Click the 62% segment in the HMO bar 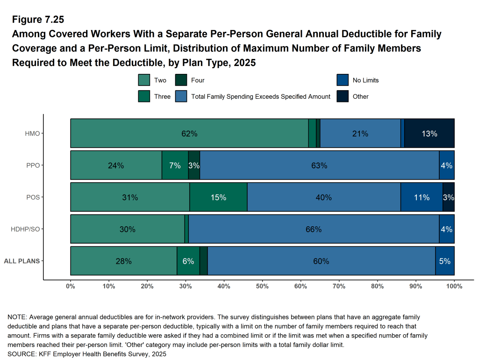coord(189,134)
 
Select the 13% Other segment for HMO coord(429,134)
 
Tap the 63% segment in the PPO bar coord(320,166)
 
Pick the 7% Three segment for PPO coord(175,166)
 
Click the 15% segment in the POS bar coord(218,197)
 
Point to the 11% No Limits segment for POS coord(421,197)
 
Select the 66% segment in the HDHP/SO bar coord(314,229)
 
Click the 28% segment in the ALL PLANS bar coord(123,261)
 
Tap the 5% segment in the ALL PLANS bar coord(445,261)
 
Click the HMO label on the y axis coord(32,134)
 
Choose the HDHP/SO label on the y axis coord(25,229)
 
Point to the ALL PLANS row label coord(21,261)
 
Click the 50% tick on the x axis coord(262,286)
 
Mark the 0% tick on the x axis coord(71,286)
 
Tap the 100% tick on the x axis coord(454,286)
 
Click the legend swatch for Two coord(144,80)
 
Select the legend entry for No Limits coord(365,80)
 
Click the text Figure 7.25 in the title coord(37,20)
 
